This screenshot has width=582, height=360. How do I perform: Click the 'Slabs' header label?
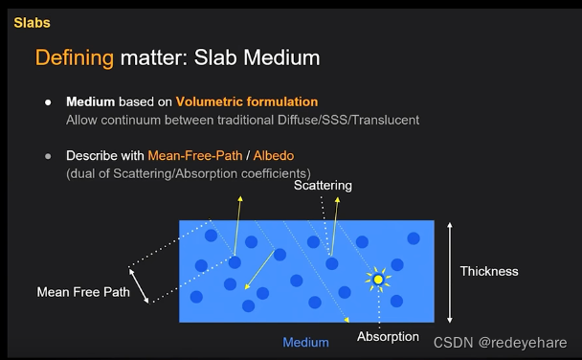coord(32,22)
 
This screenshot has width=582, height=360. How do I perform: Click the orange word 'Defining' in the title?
coord(75,58)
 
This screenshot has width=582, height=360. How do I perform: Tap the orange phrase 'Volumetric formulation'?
coord(257,101)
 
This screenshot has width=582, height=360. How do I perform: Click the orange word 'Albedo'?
coord(269,155)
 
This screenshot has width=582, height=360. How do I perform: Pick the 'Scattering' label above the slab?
coord(323,185)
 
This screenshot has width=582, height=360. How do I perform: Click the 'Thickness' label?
coord(488,271)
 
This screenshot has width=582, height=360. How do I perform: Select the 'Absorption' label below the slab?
coord(388,336)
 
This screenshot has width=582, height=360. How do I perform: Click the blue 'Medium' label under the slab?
coord(305,342)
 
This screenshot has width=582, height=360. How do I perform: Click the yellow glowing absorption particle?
coord(378,279)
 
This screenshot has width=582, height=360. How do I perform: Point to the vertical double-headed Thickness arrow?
coord(449,271)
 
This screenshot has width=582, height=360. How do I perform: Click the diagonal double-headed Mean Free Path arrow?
coord(141,283)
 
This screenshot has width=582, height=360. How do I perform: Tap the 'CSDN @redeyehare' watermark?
coord(500,342)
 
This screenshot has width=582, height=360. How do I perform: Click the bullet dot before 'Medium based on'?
coord(47,101)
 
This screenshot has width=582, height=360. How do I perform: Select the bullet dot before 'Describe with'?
coord(47,155)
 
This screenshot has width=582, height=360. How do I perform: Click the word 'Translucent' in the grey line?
coord(387,120)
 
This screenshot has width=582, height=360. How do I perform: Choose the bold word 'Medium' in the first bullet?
coord(90,101)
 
